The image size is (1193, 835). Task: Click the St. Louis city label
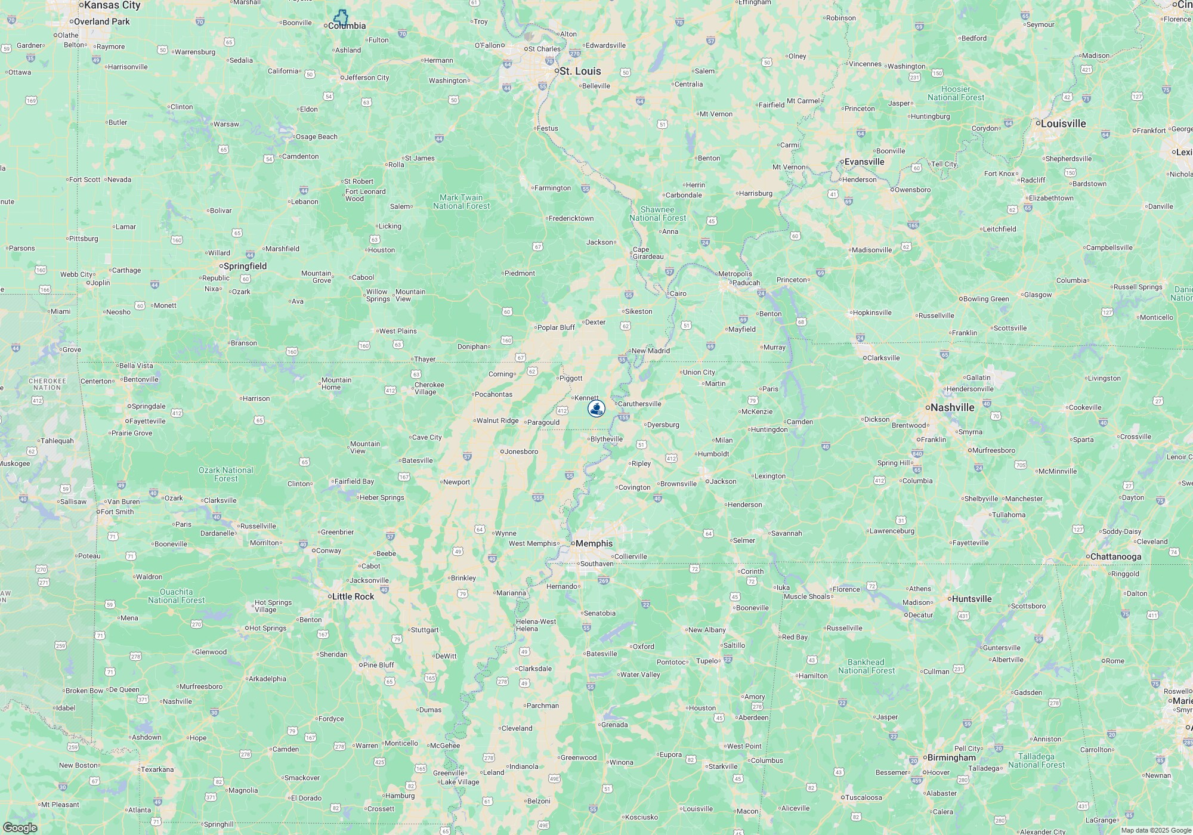point(580,71)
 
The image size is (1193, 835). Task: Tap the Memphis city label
point(594,543)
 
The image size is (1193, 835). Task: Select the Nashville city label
point(952,407)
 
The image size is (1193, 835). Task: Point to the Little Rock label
point(353,596)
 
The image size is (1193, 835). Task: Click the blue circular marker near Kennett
point(596,409)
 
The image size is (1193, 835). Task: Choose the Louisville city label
point(1064,123)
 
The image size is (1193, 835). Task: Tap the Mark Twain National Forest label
point(461,202)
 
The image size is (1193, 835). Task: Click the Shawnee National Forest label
point(657,214)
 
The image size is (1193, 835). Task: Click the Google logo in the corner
point(19,827)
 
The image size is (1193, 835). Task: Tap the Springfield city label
point(245,266)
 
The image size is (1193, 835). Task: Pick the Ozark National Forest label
point(225,474)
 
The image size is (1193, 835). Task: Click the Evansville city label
point(864,162)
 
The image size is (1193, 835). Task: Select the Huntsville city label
point(972,599)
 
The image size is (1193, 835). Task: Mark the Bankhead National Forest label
point(866,666)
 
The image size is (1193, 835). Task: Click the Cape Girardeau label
point(648,253)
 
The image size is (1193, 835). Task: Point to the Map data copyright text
point(1156,830)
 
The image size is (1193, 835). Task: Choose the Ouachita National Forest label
point(176,596)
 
